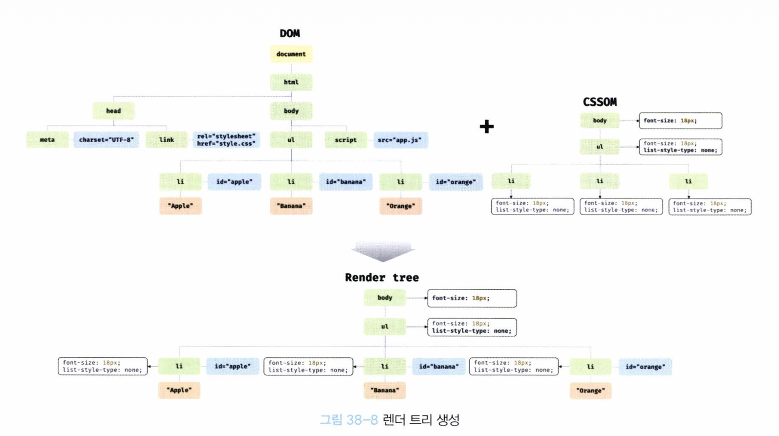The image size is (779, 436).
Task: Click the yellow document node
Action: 291,54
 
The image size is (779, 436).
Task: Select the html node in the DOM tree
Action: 291,82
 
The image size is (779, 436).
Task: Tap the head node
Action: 113,111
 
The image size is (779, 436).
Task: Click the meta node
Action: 47,140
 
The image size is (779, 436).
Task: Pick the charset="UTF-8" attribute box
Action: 106,140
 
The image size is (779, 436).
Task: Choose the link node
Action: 166,140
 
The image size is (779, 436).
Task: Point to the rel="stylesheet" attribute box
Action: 226,140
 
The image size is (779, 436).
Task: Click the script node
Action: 346,140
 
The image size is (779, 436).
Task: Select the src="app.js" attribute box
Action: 400,140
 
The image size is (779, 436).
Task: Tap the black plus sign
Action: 486,127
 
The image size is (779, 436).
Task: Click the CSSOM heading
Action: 600,102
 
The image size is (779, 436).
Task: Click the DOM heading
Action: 290,34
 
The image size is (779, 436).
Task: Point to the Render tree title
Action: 382,278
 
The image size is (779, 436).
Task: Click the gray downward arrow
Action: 383,251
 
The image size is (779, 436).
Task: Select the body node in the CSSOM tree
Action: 600,121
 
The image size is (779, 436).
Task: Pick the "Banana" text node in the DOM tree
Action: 291,206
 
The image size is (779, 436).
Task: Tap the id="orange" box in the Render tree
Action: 645,367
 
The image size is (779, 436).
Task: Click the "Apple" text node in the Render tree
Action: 179,390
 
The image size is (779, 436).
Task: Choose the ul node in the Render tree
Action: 385,327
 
